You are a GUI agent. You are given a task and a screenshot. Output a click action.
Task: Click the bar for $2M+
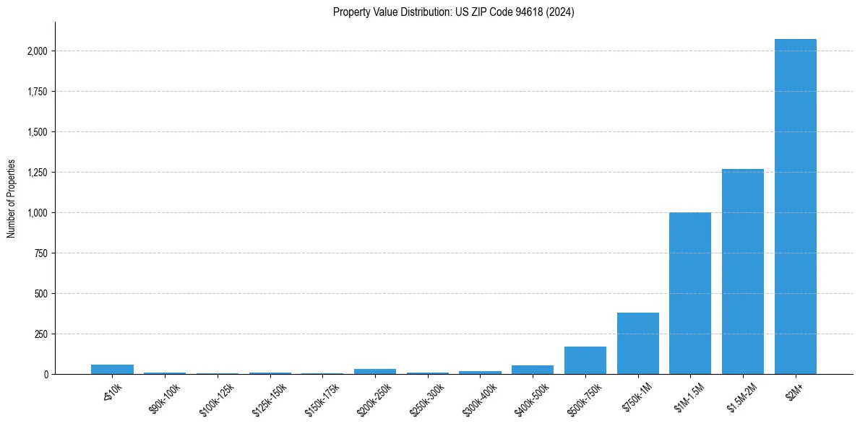tap(795, 207)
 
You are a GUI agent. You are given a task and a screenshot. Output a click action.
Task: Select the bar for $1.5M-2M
tap(743, 271)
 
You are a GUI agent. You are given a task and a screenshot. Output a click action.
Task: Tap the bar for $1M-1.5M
tap(690, 293)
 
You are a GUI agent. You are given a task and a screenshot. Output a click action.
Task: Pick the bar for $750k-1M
tap(637, 343)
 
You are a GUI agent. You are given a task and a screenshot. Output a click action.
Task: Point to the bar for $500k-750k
tap(585, 360)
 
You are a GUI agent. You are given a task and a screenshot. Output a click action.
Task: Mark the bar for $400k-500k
tap(533, 370)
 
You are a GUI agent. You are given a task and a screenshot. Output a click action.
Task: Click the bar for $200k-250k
tap(375, 371)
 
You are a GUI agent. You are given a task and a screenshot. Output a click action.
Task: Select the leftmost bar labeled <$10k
tap(112, 369)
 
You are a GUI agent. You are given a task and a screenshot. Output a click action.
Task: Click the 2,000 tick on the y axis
tap(38, 51)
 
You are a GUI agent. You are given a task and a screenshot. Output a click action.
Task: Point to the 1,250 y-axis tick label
tap(38, 173)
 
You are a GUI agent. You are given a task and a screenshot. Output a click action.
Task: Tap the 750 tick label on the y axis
tap(41, 253)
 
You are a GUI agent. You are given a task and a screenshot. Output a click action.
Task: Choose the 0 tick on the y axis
tap(46, 375)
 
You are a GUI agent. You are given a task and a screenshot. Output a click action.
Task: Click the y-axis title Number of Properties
tap(12, 199)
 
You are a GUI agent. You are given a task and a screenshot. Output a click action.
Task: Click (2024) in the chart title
tap(562, 12)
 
